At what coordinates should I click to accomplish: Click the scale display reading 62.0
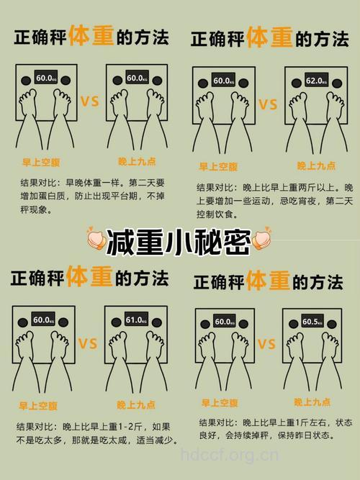pyautogui.click(x=315, y=81)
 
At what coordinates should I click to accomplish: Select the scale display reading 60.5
pyautogui.click(x=311, y=322)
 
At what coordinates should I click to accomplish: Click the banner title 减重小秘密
pyautogui.click(x=179, y=243)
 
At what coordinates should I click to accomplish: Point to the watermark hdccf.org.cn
pyautogui.click(x=229, y=455)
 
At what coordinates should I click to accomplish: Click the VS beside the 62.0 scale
pyautogui.click(x=268, y=105)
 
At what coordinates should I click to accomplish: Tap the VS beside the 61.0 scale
pyautogui.click(x=88, y=344)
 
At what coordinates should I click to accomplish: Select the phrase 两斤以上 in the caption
pyautogui.click(x=305, y=187)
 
